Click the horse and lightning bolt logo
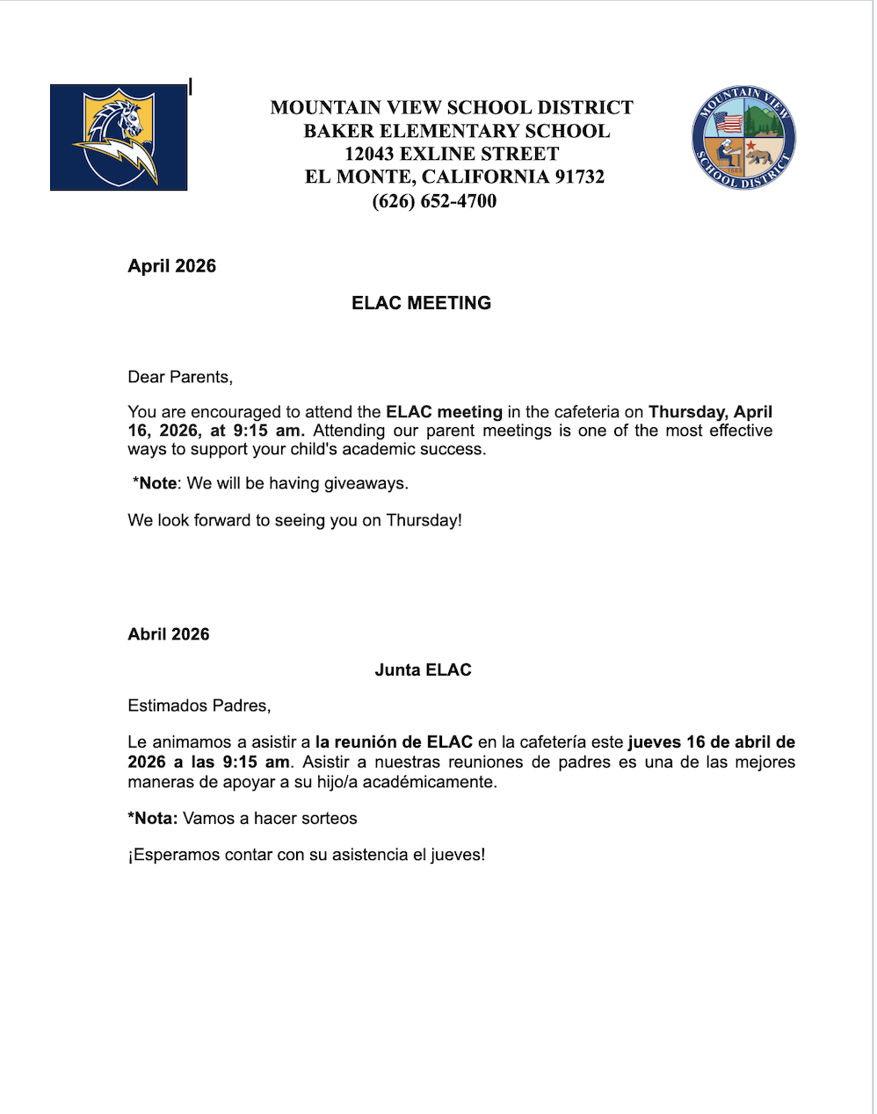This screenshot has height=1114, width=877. tap(119, 137)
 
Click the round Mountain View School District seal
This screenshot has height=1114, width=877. tap(743, 138)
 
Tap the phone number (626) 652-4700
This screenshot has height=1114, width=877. tap(434, 201)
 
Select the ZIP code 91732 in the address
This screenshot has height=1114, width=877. tap(579, 177)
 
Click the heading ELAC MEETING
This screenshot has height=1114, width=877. tap(421, 303)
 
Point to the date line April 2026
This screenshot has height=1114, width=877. tap(171, 266)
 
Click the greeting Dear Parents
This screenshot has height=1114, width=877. tap(180, 377)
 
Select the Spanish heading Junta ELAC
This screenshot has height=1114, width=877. tap(423, 669)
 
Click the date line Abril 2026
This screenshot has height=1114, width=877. tap(168, 634)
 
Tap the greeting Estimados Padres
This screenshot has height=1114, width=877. tap(199, 705)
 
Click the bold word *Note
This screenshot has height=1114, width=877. tap(155, 483)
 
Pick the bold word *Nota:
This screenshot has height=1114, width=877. tap(153, 818)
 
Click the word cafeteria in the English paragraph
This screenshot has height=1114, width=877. tap(587, 412)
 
